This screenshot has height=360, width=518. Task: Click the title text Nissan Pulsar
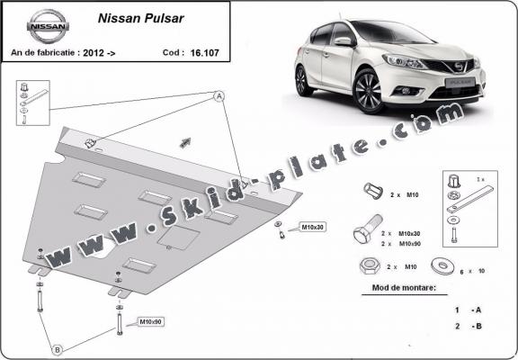(x=123, y=16)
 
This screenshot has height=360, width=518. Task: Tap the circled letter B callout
(x=57, y=349)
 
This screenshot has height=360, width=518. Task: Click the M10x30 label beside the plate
(x=311, y=227)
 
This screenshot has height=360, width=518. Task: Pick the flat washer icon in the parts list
(x=442, y=266)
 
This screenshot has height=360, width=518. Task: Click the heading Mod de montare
(x=403, y=289)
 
